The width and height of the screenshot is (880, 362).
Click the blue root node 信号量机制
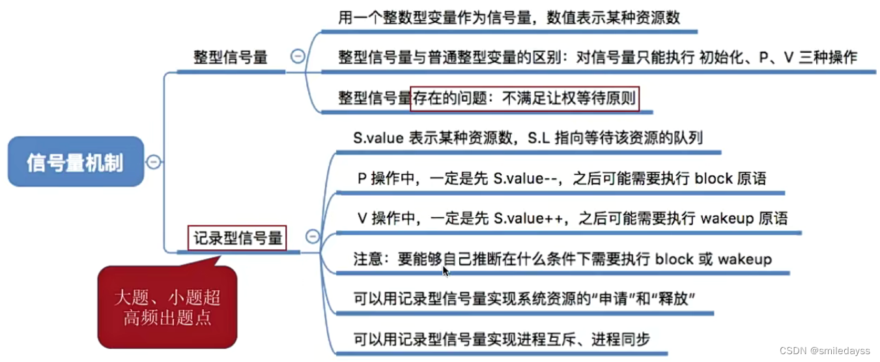(75, 162)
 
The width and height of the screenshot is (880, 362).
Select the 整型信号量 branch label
(231, 57)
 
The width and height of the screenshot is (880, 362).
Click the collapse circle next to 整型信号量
(297, 57)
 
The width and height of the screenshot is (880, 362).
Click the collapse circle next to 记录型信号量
(313, 237)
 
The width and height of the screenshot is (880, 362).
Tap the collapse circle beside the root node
(153, 162)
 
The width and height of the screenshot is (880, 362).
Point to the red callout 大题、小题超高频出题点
(167, 308)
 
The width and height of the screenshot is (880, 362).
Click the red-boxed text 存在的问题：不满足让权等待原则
(524, 99)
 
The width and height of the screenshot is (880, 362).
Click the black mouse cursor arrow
(446, 271)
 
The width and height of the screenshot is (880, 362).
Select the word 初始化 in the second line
(722, 57)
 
